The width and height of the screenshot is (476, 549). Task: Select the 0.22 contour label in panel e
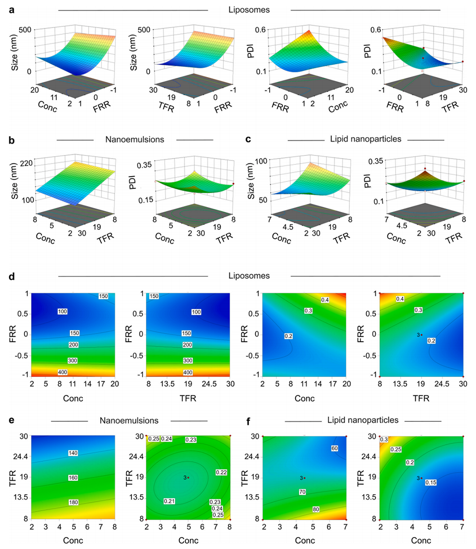(220, 472)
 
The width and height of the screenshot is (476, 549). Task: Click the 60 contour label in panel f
(334, 448)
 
